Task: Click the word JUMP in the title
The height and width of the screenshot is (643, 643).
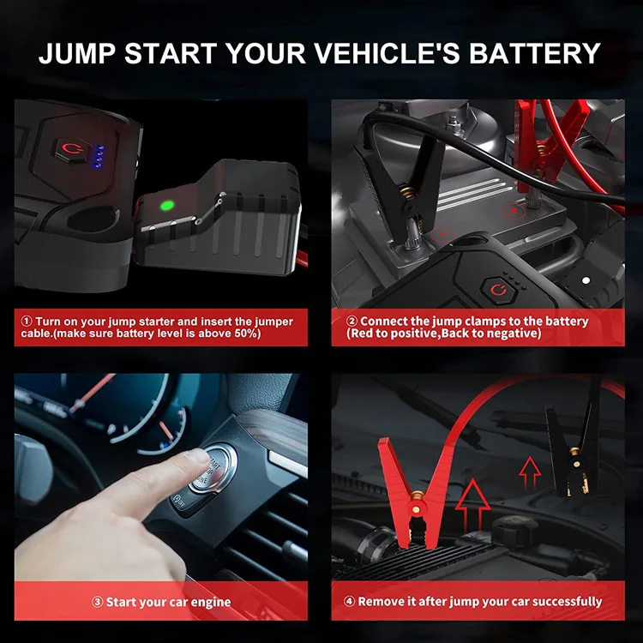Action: tap(77, 52)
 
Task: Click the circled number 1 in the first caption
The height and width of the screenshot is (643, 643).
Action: tap(27, 321)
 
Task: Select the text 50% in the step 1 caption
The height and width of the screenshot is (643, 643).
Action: tap(244, 333)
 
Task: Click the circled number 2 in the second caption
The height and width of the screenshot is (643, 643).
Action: tap(352, 321)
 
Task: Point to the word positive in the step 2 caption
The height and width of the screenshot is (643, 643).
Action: tap(409, 333)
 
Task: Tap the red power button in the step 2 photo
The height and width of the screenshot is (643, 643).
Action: tap(496, 292)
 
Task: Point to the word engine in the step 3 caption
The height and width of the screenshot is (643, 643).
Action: tap(211, 602)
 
